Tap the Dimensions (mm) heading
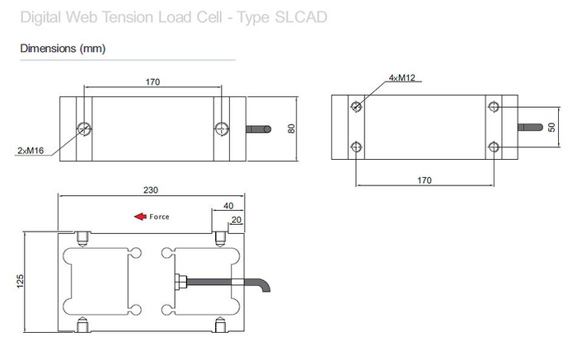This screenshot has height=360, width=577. [x=63, y=49]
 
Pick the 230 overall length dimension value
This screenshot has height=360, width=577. [x=151, y=189]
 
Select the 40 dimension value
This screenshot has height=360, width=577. [x=228, y=206]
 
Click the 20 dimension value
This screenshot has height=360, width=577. [x=237, y=220]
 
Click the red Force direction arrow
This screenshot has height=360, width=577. [x=141, y=217]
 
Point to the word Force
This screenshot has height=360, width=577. [x=159, y=217]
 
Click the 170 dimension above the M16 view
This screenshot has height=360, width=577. [x=152, y=82]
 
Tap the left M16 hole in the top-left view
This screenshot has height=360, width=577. [x=83, y=128]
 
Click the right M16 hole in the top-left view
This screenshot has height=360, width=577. [x=219, y=128]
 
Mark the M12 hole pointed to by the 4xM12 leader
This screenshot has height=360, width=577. [x=355, y=106]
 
